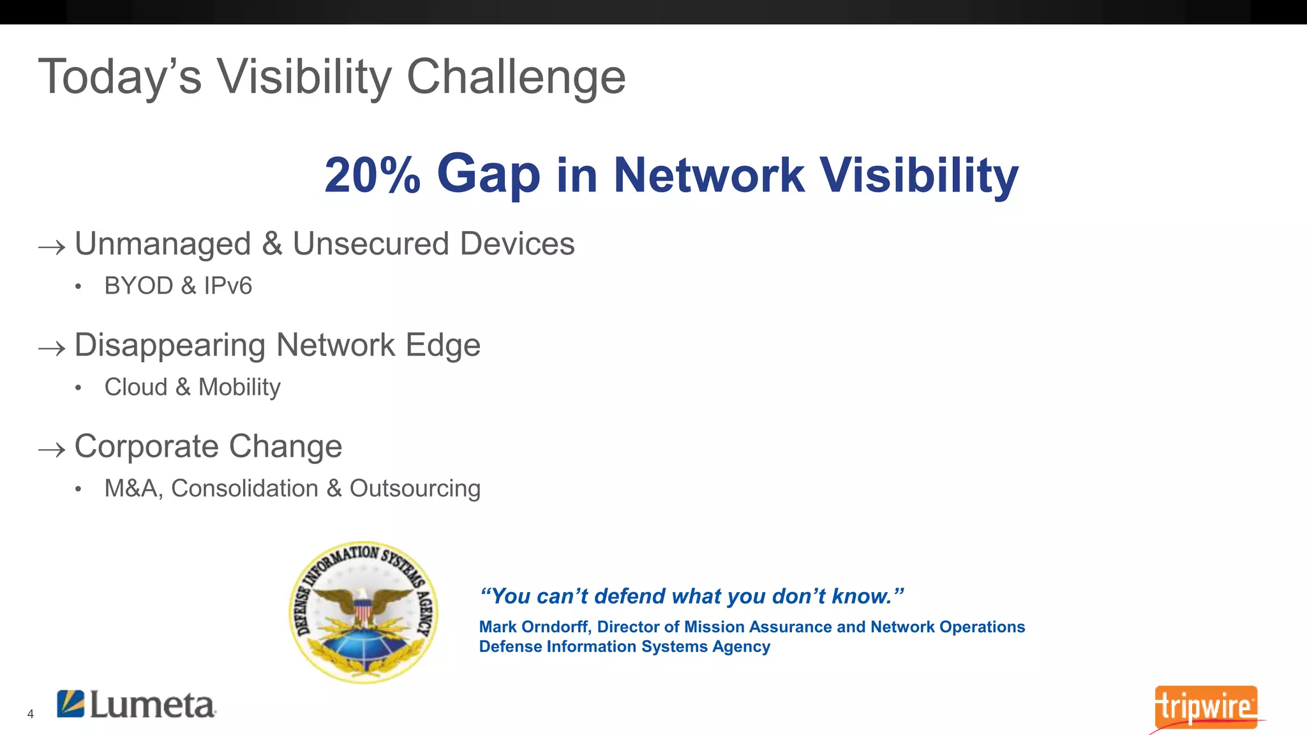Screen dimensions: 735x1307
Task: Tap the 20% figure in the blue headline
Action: coord(372,175)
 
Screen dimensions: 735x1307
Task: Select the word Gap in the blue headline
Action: coord(488,175)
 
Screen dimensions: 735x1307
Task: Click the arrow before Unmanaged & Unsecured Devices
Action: coord(52,248)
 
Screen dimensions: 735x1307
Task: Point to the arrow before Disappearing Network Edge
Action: coord(52,348)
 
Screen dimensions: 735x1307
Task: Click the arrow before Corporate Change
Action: coord(52,450)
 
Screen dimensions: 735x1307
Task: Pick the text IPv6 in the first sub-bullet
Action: coord(228,286)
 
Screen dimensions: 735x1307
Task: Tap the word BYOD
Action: coord(138,286)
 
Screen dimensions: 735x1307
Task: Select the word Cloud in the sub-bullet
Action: coord(136,387)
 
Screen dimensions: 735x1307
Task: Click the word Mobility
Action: coord(239,387)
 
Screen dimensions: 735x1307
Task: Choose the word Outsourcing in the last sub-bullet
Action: coord(415,489)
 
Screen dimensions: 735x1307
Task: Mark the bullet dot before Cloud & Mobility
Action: coord(78,388)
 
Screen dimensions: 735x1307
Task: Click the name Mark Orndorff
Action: coord(535,627)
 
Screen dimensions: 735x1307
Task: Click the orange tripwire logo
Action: coord(1205,707)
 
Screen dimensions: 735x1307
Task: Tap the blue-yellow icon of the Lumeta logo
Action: coord(71,704)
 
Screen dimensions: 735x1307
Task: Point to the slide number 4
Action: coord(30,715)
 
